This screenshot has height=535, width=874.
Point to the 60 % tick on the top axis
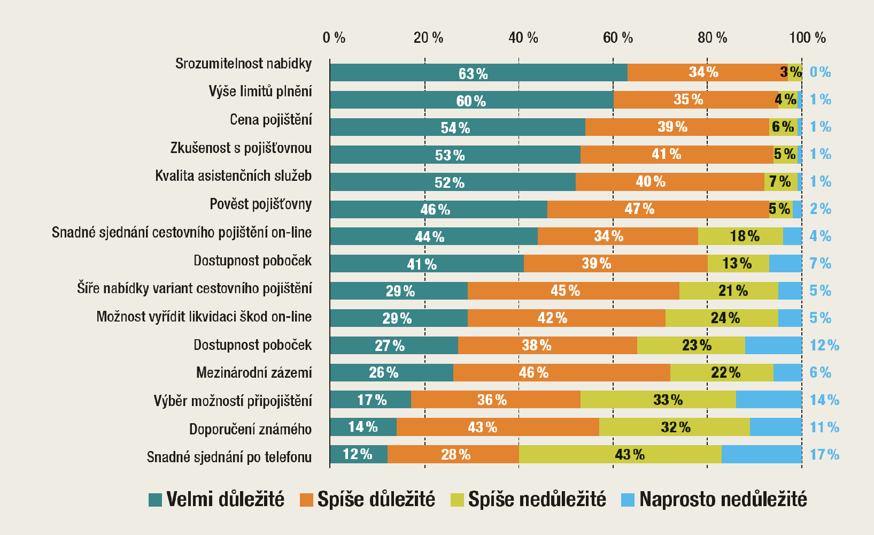coord(617,38)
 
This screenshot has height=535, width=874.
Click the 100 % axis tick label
coord(807,38)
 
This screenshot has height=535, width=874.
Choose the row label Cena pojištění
coord(270,120)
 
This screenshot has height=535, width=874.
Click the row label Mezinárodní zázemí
coord(254,372)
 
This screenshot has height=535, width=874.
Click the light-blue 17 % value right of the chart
coord(824,455)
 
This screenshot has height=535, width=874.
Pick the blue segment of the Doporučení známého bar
coord(776,427)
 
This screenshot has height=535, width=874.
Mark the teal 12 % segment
coord(358,455)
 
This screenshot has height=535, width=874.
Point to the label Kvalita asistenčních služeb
coord(233,176)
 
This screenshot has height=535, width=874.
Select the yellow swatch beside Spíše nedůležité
coord(457,500)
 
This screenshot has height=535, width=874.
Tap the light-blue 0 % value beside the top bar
coord(820,72)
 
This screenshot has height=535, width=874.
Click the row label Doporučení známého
coord(250,429)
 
